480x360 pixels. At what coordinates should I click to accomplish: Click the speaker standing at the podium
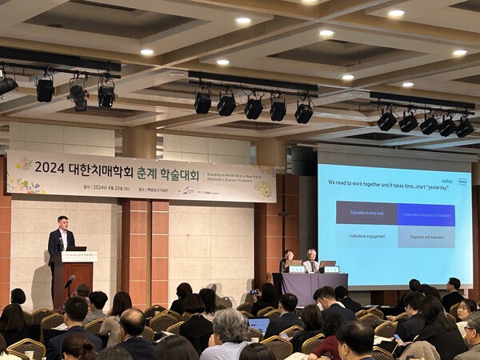(x=60, y=240)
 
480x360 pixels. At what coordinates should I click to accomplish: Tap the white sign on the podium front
(x=79, y=257)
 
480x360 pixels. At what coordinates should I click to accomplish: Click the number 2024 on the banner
(x=49, y=167)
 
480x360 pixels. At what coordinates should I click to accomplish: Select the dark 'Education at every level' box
(x=366, y=213)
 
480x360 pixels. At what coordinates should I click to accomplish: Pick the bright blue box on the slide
(x=426, y=214)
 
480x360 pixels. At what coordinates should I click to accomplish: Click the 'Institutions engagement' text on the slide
(x=366, y=237)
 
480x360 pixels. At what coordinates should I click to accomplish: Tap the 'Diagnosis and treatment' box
(x=426, y=237)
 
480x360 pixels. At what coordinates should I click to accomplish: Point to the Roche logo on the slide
(x=462, y=182)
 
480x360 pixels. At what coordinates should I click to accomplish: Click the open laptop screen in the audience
(x=258, y=325)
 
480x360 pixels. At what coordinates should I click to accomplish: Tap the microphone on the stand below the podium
(x=70, y=280)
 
